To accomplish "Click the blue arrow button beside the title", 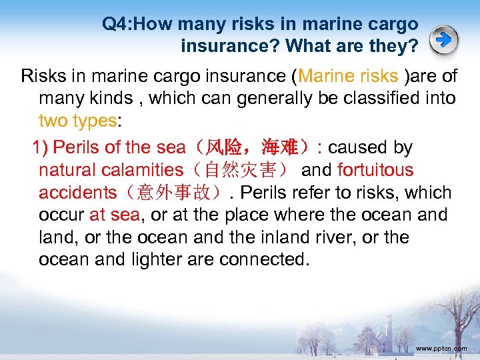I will [x=444, y=40].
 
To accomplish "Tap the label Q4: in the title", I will [x=119, y=25].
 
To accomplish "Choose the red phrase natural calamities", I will [x=111, y=170].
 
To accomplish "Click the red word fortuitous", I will [x=375, y=170].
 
